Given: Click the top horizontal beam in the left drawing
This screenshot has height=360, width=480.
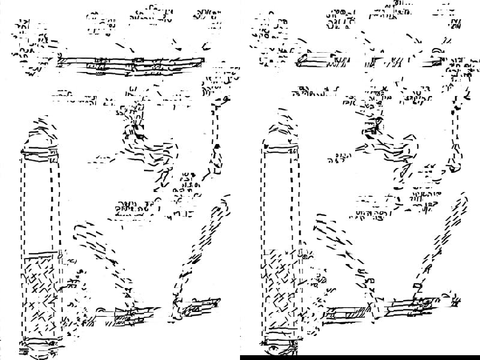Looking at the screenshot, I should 132,62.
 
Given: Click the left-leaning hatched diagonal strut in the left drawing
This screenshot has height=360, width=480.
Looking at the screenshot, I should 102,252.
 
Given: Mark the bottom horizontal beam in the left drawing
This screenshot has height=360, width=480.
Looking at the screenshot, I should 150,313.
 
